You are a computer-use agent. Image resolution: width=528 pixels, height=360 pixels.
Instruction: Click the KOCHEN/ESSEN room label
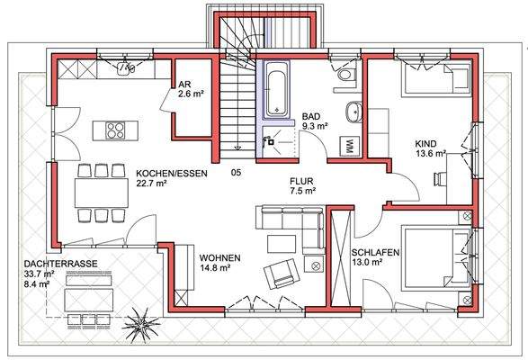pos(170,173)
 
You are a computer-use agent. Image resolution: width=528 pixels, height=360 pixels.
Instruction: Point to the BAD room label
pos(311,117)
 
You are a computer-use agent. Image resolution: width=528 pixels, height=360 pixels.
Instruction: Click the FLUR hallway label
pos(302,180)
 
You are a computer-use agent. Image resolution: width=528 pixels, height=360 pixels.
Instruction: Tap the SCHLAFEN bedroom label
pos(375,251)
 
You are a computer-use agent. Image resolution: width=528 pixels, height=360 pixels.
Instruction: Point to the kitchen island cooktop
pos(116,131)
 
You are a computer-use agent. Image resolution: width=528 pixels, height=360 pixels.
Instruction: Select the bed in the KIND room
pos(435,82)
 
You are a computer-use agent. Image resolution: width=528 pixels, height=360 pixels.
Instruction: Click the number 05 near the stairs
pos(237,172)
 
